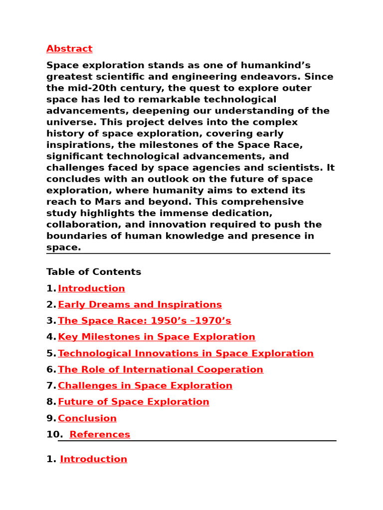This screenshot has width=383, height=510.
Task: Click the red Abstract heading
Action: click(x=69, y=49)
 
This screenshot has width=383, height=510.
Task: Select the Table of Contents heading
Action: click(x=94, y=272)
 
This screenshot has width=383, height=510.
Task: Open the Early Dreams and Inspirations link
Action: click(x=140, y=305)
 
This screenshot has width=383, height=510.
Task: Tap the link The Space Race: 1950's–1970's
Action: click(x=144, y=321)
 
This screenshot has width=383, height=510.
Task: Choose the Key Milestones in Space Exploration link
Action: click(x=156, y=337)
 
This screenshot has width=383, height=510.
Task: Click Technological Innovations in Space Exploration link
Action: click(x=186, y=354)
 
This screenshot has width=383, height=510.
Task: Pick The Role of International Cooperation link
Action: click(x=160, y=370)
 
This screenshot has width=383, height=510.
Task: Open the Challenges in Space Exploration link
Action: click(x=145, y=386)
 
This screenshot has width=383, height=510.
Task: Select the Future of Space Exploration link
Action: click(x=133, y=402)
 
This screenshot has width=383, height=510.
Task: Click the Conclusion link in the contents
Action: click(x=87, y=418)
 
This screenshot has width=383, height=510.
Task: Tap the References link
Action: click(x=100, y=435)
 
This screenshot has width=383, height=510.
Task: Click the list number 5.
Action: click(x=51, y=354)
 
